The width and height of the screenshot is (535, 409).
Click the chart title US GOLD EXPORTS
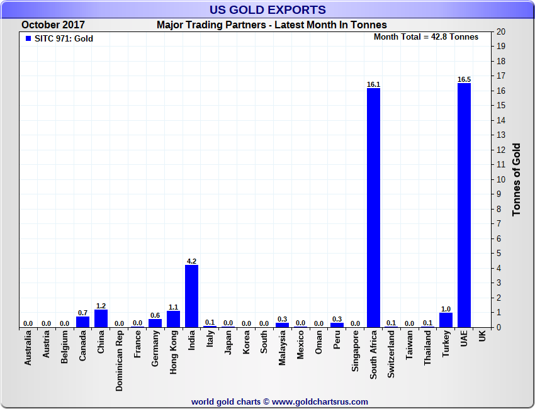click(267, 9)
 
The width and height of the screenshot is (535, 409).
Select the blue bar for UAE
click(464, 205)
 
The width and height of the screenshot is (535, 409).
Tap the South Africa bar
click(373, 208)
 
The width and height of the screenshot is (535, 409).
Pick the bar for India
click(191, 296)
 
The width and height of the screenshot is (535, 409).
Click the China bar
click(101, 318)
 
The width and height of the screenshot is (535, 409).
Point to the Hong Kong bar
click(173, 319)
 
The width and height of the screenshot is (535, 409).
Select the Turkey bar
click(446, 320)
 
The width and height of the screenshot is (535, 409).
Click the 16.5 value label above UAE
click(464, 79)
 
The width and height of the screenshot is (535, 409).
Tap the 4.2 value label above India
click(191, 261)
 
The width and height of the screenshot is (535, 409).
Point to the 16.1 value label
click(373, 84)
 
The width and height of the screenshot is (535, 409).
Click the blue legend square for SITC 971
click(28, 39)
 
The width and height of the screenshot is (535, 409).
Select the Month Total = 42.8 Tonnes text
click(426, 36)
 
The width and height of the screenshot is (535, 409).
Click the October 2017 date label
click(53, 25)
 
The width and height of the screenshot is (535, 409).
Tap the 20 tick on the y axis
click(501, 31)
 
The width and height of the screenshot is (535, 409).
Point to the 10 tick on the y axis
click(501, 179)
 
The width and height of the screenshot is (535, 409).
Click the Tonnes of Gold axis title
click(517, 179)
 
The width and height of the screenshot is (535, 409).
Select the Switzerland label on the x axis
click(391, 356)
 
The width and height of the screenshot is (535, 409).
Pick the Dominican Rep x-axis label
click(119, 362)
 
